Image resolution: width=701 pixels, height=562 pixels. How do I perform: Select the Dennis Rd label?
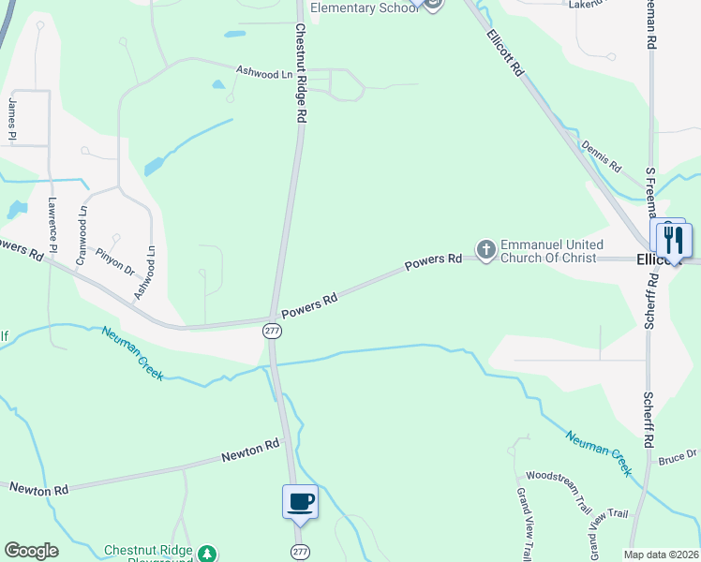pos(601,155)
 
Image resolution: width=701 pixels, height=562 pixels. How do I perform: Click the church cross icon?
pos(485,249)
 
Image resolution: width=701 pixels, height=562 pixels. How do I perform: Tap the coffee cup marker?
pos(300,502)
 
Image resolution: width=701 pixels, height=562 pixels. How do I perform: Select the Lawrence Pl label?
pos(53,225)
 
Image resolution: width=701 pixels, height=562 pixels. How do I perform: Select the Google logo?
pos(31,551)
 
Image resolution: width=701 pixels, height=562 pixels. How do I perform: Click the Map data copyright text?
pos(662,555)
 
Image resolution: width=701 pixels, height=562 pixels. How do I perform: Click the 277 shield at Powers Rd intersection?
pos(272,331)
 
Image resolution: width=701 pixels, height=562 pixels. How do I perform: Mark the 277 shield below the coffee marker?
pos(299,549)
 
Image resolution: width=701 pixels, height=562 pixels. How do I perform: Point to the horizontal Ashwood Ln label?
pos(264,72)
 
